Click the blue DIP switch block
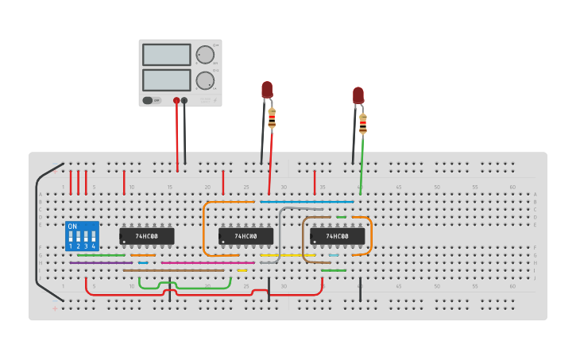83,236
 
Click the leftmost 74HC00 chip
147,236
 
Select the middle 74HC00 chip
246,236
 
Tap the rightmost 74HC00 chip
338,236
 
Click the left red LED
267,89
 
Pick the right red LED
358,95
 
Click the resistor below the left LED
272,119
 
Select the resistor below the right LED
363,123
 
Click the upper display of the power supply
166,55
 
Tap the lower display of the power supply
166,80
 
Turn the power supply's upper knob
205,55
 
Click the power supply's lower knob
205,80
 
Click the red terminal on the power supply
176,100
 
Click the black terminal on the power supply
184,100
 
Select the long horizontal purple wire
101,262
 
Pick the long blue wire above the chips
306,202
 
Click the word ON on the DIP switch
72,226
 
